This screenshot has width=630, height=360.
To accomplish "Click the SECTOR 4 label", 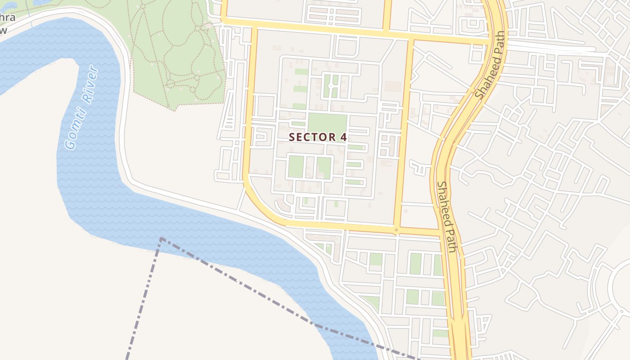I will pyautogui.click(x=318, y=137).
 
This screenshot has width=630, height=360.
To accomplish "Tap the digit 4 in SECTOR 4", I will pyautogui.click(x=344, y=137).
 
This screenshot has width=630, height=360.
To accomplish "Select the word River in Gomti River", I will pyautogui.click(x=88, y=85).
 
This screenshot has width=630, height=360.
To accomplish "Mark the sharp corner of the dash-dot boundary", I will pyautogui.click(x=161, y=238).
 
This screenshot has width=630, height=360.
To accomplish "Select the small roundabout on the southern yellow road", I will pyautogui.click(x=396, y=230).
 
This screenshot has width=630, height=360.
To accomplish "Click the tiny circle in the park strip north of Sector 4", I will pyautogui.click(x=331, y=85).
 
